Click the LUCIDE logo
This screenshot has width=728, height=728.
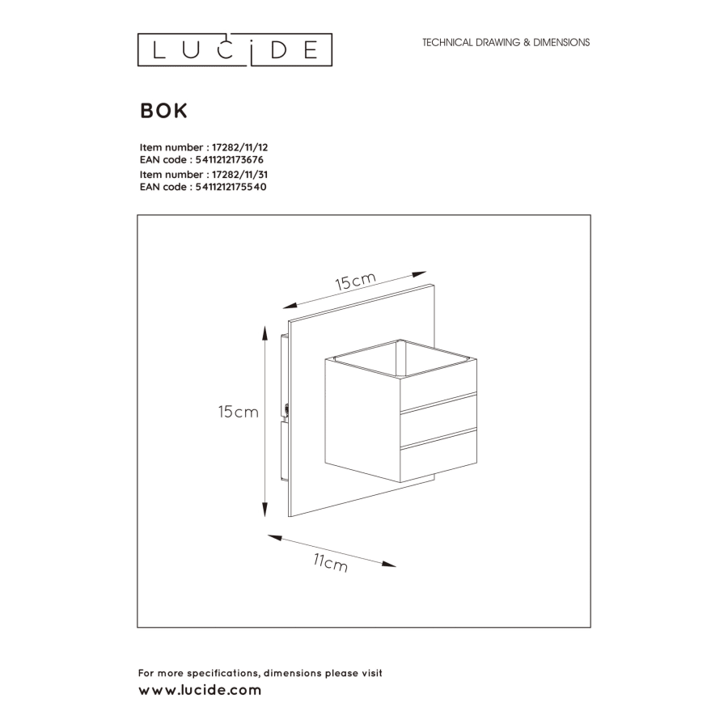[235, 49]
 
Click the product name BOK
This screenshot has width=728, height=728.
[164, 111]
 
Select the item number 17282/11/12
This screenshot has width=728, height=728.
[239, 148]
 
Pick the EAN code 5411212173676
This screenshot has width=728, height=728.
[230, 159]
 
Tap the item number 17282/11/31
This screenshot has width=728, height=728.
[239, 175]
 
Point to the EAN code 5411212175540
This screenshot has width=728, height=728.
[231, 187]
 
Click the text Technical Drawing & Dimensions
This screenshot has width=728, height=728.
[506, 42]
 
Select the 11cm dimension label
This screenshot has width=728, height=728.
[331, 562]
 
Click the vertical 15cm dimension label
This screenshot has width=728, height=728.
[238, 412]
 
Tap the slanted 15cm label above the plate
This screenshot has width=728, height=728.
[355, 281]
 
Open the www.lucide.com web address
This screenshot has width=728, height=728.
[200, 690]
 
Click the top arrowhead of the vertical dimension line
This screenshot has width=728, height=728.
[265, 332]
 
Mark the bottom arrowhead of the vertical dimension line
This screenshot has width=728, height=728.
[265, 510]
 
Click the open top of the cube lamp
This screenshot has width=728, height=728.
[400, 358]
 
